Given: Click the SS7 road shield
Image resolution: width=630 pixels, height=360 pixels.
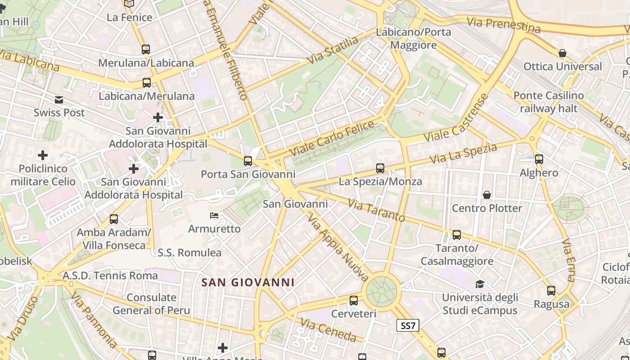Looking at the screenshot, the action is pyautogui.click(x=408, y=325).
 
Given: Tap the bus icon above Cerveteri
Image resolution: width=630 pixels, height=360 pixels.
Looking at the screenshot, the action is pyautogui.click(x=354, y=300).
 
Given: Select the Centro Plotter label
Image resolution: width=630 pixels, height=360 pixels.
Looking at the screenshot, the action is pyautogui.click(x=487, y=208).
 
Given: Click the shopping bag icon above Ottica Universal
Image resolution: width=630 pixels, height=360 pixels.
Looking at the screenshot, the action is pyautogui.click(x=562, y=54).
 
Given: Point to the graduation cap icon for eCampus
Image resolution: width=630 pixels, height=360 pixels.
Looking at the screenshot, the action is pyautogui.click(x=480, y=284).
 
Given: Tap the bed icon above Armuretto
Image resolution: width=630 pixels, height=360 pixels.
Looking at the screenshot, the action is pyautogui.click(x=214, y=216).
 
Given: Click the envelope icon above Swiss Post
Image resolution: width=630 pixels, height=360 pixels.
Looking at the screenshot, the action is pyautogui.click(x=59, y=99).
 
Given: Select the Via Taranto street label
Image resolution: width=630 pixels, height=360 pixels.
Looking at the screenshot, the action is pyautogui.click(x=377, y=210).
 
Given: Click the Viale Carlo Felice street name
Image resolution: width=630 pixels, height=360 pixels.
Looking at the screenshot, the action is pyautogui.click(x=332, y=138).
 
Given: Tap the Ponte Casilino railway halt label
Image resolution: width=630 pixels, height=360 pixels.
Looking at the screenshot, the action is pyautogui.click(x=549, y=102).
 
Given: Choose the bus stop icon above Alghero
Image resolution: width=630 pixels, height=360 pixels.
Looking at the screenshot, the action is pyautogui.click(x=539, y=159).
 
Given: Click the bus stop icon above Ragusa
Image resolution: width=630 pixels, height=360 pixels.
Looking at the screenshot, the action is pyautogui.click(x=551, y=291).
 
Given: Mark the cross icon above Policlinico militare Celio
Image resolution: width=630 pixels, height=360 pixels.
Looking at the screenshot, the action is pyautogui.click(x=43, y=155).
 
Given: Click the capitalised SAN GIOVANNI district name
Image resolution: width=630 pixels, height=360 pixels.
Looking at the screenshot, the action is pyautogui.click(x=248, y=283).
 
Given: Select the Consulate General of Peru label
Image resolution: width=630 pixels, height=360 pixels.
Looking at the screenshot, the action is pyautogui.click(x=151, y=304).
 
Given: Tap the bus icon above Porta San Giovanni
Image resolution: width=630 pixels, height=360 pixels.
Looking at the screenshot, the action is pyautogui.click(x=248, y=161).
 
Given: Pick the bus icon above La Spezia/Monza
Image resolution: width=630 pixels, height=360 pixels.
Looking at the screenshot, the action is pyautogui.click(x=380, y=168).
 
